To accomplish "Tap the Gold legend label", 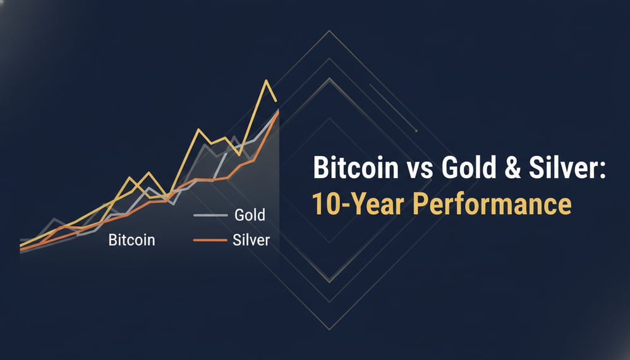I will coord(250,215).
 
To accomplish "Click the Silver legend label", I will coord(251,241).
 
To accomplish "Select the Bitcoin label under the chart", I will coord(131,241).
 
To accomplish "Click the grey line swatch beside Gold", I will coord(209,215).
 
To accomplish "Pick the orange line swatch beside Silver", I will coord(209,241).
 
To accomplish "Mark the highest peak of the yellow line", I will coord(266,81).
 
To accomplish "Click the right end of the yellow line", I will coord(277,100).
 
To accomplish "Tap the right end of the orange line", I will coord(279,112).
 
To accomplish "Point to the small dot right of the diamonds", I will coord(416,131).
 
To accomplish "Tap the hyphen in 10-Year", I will coord(341,206).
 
